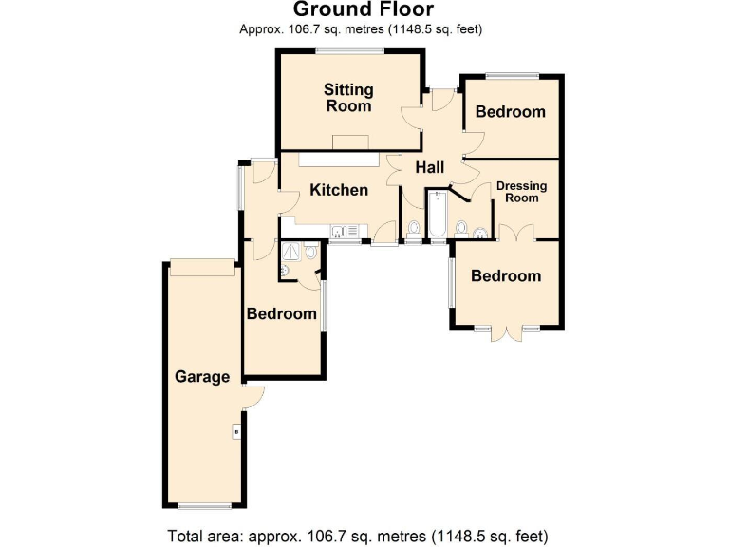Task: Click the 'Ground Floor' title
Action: click(364, 10)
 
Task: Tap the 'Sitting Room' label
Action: click(348, 98)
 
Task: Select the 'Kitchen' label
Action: click(339, 190)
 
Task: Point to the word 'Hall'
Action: click(429, 167)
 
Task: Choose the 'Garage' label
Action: click(202, 376)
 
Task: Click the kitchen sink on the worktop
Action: click(343, 230)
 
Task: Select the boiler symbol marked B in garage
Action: click(235, 433)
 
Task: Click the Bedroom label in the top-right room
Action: click(511, 112)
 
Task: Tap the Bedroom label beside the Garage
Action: click(281, 313)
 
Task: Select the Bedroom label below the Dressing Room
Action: click(506, 276)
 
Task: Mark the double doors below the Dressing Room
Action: click(518, 233)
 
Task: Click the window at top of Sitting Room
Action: click(350, 50)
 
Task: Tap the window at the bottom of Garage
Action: click(205, 505)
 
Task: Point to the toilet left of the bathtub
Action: click(415, 229)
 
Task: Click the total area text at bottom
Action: click(358, 534)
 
